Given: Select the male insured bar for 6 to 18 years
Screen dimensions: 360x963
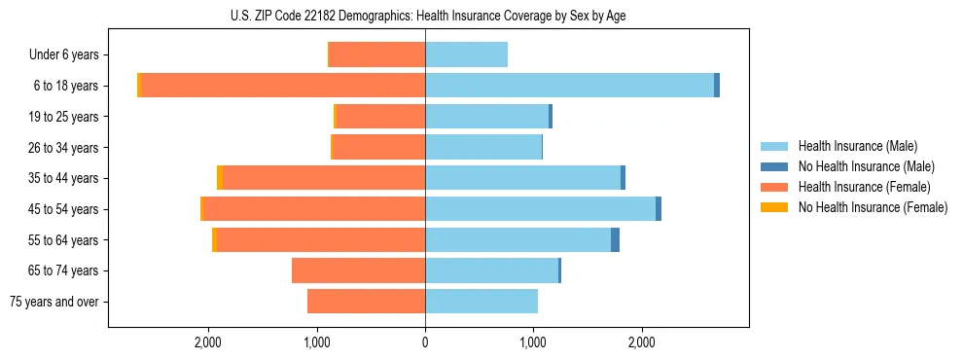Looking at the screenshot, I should coord(569,86).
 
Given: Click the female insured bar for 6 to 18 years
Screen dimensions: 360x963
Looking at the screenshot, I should coord(283,86).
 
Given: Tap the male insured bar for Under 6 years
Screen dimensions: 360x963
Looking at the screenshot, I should coord(466,54).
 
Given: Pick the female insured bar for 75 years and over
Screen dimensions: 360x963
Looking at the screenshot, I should coord(366,301).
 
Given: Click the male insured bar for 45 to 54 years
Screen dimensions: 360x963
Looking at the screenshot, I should coord(540,208).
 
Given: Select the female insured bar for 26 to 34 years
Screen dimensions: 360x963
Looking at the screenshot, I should coord(379,147).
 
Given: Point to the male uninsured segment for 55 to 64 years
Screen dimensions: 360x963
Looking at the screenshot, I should coord(615,239).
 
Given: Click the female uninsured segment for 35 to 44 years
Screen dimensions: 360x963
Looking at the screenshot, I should coord(220,178).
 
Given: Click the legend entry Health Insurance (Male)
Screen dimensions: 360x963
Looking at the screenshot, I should coord(857,146).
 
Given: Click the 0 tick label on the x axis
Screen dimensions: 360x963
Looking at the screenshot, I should coord(425,342).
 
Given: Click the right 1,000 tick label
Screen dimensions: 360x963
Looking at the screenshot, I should coord(533,342).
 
